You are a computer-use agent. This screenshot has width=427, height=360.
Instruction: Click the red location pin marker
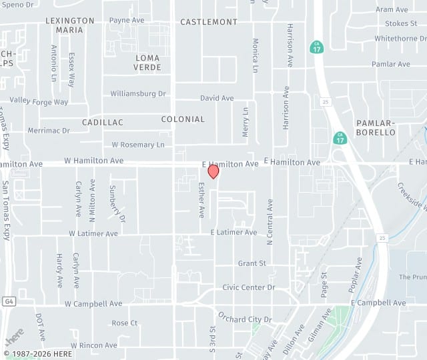[213, 171]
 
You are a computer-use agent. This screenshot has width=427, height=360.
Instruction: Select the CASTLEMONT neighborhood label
[209, 22]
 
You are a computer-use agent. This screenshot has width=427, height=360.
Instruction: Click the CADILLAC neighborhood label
[103, 123]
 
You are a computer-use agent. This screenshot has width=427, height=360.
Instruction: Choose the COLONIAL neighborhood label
[183, 119]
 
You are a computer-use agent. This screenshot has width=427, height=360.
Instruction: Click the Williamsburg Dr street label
[138, 94]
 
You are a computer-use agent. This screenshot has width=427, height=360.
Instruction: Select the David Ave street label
[217, 98]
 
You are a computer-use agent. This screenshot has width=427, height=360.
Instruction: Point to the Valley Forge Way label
[39, 102]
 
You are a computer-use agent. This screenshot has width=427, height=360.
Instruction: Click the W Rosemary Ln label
[138, 145]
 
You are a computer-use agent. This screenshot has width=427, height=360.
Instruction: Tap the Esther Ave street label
[201, 200]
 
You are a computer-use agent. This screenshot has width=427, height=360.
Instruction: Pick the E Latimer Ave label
[234, 233]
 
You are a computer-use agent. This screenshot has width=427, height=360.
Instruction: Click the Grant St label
[252, 263]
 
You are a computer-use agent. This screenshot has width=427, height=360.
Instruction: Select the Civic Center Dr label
[248, 287]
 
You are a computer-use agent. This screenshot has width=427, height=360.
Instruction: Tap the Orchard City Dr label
[245, 319]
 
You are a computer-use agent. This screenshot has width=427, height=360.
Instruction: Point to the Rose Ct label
[125, 323]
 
